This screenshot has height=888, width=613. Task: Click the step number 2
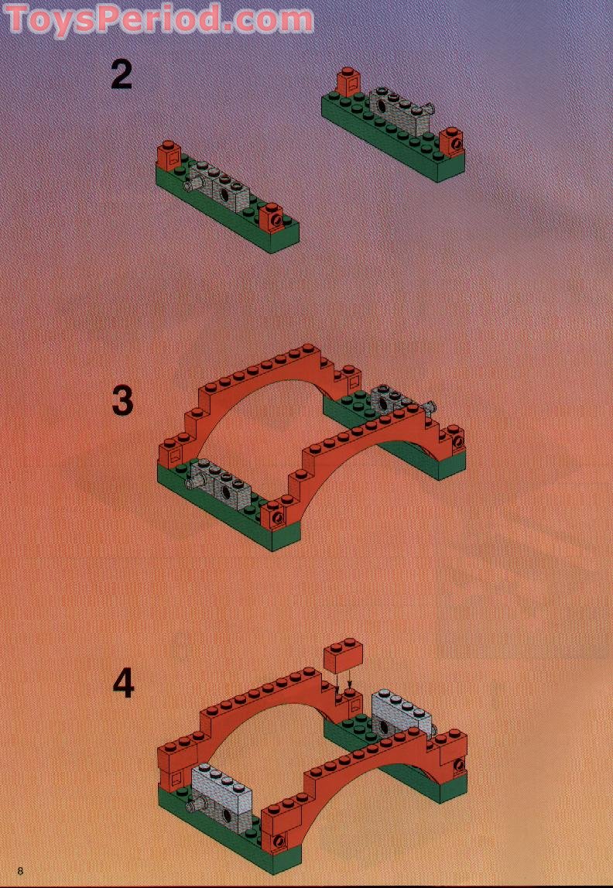(x=122, y=75)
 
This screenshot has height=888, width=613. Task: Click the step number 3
(x=122, y=401)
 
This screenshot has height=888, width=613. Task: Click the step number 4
(x=122, y=683)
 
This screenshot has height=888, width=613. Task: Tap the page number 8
(x=20, y=871)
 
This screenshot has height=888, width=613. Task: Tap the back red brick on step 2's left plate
(x=168, y=154)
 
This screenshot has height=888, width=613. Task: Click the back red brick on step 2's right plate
(x=347, y=81)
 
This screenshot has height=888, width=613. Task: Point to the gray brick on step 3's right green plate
(x=395, y=400)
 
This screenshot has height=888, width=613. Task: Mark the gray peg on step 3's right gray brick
(x=430, y=406)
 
